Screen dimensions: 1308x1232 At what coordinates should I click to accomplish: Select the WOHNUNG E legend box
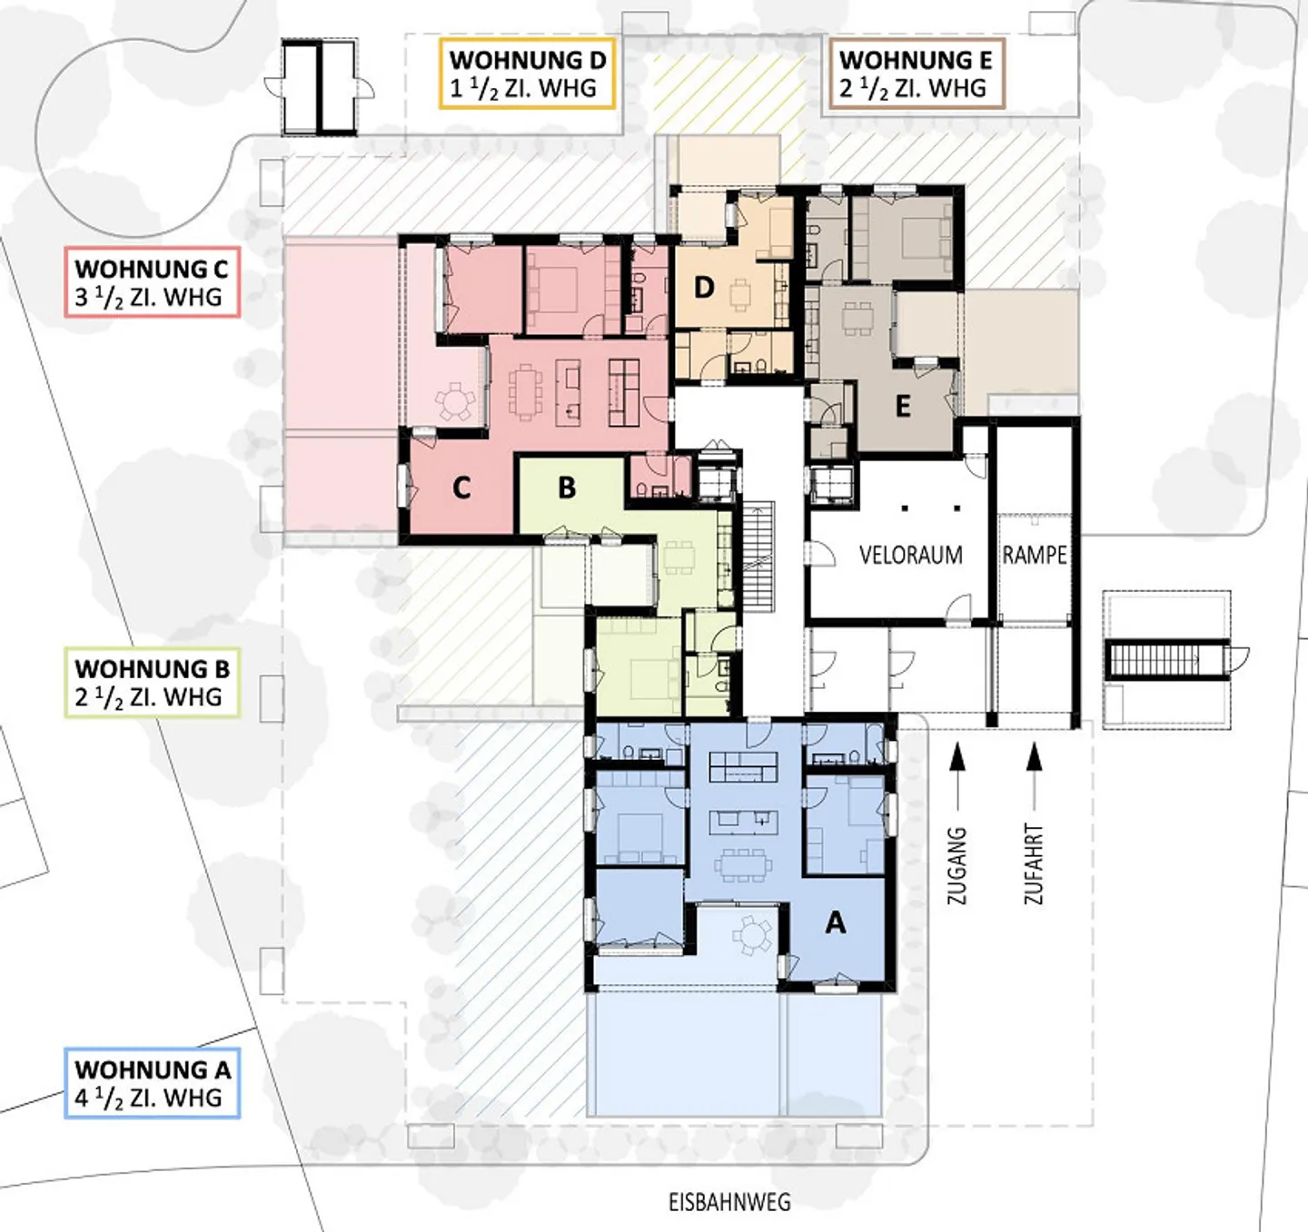click(916, 74)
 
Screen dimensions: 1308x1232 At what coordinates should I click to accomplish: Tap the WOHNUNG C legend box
click(152, 281)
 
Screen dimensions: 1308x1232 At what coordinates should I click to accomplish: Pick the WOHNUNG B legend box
click(152, 682)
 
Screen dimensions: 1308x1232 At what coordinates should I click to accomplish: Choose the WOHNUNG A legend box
click(152, 1082)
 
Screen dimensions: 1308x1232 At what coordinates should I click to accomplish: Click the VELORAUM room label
click(911, 555)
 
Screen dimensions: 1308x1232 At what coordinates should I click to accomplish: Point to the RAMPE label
click(1034, 555)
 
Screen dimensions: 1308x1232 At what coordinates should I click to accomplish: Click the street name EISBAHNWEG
click(729, 1202)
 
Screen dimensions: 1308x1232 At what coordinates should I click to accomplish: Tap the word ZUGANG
click(957, 866)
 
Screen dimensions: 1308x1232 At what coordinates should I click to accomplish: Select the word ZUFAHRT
click(1034, 864)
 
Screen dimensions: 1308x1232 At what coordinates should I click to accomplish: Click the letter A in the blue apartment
click(835, 922)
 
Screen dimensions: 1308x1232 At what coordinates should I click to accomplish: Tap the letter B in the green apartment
click(567, 488)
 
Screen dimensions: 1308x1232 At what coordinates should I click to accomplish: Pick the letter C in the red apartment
click(461, 488)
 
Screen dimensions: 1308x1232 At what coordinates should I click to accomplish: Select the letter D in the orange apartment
click(704, 288)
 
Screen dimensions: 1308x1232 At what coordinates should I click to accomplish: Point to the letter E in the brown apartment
click(903, 406)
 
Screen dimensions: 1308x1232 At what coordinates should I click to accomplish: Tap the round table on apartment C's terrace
click(455, 400)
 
